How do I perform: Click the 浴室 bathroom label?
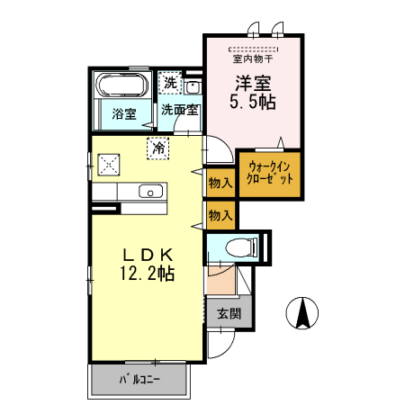[x=124, y=113]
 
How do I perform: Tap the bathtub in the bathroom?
[x=121, y=87]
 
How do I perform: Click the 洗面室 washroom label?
[x=180, y=112]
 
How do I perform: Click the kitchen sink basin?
[x=150, y=190]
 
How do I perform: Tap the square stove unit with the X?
[x=110, y=163]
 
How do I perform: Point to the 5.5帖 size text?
[x=254, y=103]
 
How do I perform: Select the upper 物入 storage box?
[x=220, y=183]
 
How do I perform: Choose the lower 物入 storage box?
[x=220, y=215]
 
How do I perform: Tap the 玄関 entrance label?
[x=229, y=314]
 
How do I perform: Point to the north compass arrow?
[x=303, y=314]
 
